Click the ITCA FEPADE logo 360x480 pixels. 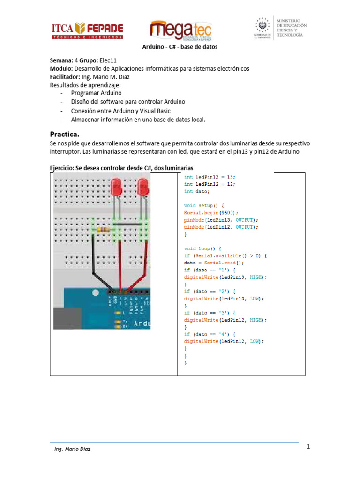point(87,31)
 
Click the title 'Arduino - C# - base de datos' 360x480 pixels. point(180,47)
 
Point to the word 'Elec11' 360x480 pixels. point(109,61)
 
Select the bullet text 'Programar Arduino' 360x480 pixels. point(96,93)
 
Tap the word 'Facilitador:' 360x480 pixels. point(67,77)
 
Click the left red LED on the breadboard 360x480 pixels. point(117,189)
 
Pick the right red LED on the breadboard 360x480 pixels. point(143,189)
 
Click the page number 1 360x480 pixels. point(309,447)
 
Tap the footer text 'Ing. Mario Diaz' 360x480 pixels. point(73,449)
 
